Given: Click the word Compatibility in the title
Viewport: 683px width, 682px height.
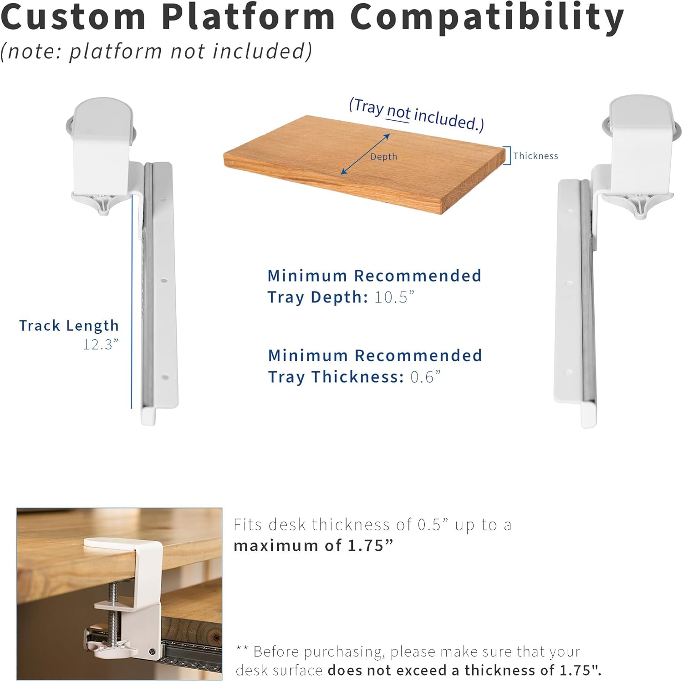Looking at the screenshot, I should (487, 17).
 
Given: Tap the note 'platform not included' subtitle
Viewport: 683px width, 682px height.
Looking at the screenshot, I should (156, 51).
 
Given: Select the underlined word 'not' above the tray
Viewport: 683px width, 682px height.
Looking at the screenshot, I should (398, 112).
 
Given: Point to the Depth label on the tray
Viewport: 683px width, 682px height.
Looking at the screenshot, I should (383, 157).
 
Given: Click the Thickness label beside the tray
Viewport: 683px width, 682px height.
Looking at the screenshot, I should (535, 156).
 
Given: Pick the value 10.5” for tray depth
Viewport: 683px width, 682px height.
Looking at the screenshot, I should (394, 297).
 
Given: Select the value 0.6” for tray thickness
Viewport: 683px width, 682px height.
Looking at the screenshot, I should (425, 377).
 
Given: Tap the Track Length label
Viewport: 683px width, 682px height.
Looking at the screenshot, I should (69, 325).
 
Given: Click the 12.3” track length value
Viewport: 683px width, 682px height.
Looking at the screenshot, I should (101, 344).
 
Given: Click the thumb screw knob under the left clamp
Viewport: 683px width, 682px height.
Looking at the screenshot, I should (104, 204).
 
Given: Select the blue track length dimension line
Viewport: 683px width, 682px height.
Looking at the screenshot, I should (132, 301).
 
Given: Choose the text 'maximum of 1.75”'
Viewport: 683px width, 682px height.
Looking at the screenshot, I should (313, 545).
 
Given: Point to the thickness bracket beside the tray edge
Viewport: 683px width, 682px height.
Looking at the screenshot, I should (508, 155).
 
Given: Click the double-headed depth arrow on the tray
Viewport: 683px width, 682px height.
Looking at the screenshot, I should (366, 154).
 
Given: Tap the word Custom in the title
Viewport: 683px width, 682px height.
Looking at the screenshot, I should (73, 17).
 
